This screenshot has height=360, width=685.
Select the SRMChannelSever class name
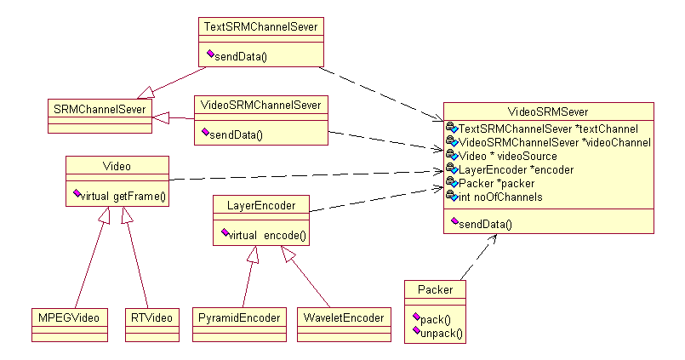click(x=99, y=110)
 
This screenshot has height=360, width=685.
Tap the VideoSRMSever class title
click(x=548, y=111)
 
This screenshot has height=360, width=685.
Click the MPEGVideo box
click(x=66, y=318)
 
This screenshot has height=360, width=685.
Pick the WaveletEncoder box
click(x=342, y=318)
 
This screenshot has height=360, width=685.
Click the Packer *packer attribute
click(x=496, y=184)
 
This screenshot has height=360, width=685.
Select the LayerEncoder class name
click(x=260, y=205)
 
